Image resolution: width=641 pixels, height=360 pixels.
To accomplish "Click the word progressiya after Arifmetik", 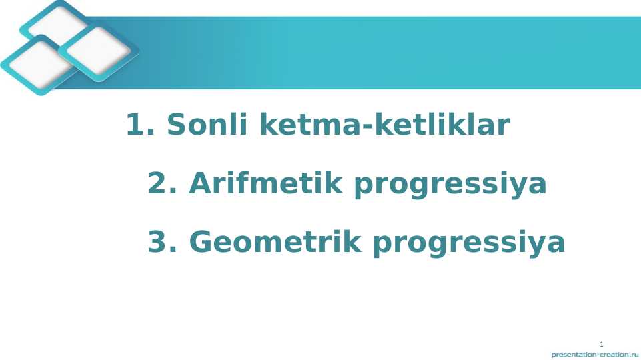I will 450,185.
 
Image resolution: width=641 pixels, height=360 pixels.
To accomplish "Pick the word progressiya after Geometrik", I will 469,243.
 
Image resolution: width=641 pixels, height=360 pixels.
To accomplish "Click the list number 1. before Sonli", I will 140,125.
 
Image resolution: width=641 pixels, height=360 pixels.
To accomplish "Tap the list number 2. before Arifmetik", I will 162,183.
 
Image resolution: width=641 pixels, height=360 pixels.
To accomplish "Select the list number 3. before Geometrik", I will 162,242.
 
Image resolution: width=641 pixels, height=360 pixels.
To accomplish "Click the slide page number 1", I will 601,344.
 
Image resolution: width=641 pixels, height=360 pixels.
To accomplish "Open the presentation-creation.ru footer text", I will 594,355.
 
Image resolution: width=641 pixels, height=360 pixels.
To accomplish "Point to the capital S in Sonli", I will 175,125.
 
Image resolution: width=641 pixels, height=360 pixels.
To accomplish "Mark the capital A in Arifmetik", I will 199,183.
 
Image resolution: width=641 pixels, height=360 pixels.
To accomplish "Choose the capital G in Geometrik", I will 201,242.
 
